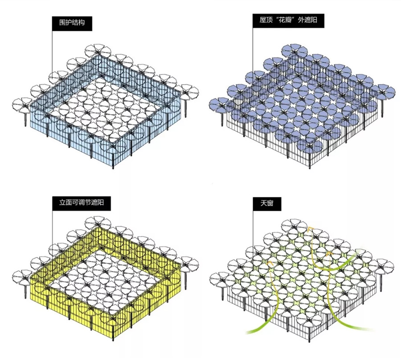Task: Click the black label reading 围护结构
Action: click(72, 24)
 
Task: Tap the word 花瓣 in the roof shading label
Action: click(285, 20)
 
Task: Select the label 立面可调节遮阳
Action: click(82, 203)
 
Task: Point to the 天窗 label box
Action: click(267, 204)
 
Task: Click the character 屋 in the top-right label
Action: click(262, 20)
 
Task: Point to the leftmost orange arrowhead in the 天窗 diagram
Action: click(269, 262)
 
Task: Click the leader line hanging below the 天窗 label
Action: click(253, 229)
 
